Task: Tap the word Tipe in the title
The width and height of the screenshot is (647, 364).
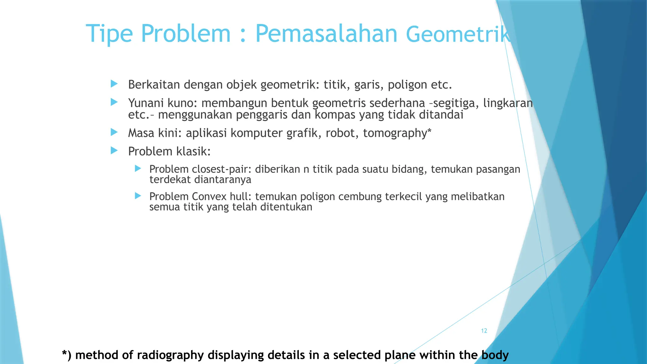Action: coord(109,34)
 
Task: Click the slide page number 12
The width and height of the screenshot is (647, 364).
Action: coord(484,331)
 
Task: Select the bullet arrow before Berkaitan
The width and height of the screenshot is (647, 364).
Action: coord(114,84)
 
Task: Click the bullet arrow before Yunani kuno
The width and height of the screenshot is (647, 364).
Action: coord(114,102)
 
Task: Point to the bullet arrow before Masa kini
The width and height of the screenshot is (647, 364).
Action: coord(114,132)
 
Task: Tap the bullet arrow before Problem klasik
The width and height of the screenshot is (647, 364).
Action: coord(114,150)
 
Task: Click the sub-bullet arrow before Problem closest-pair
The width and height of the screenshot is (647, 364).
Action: coord(138,168)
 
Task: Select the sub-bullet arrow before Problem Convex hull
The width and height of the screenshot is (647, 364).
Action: coord(138,196)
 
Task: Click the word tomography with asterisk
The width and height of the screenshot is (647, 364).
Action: coord(397,133)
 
